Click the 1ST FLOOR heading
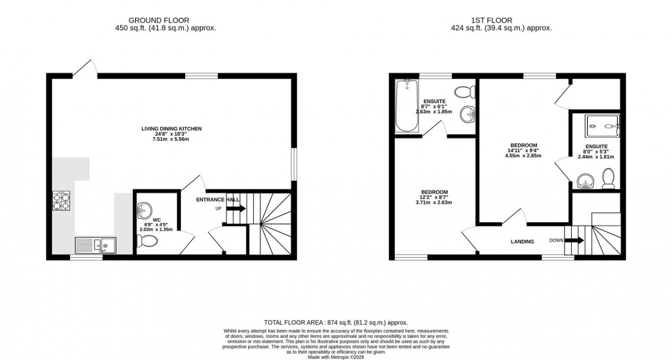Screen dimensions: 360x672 pos(506,20)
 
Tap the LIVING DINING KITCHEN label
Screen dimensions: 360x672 pos(171,128)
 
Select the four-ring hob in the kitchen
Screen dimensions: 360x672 pos(61,200)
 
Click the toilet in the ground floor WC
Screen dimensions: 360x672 pos(147,241)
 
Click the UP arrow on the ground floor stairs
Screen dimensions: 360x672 pos(236,208)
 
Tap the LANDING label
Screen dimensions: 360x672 pos(523,242)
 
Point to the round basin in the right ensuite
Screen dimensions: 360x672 pos(586,182)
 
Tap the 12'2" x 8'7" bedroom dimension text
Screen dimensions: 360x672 pos(435,197)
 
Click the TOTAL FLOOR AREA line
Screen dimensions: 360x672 pos(336,322)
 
